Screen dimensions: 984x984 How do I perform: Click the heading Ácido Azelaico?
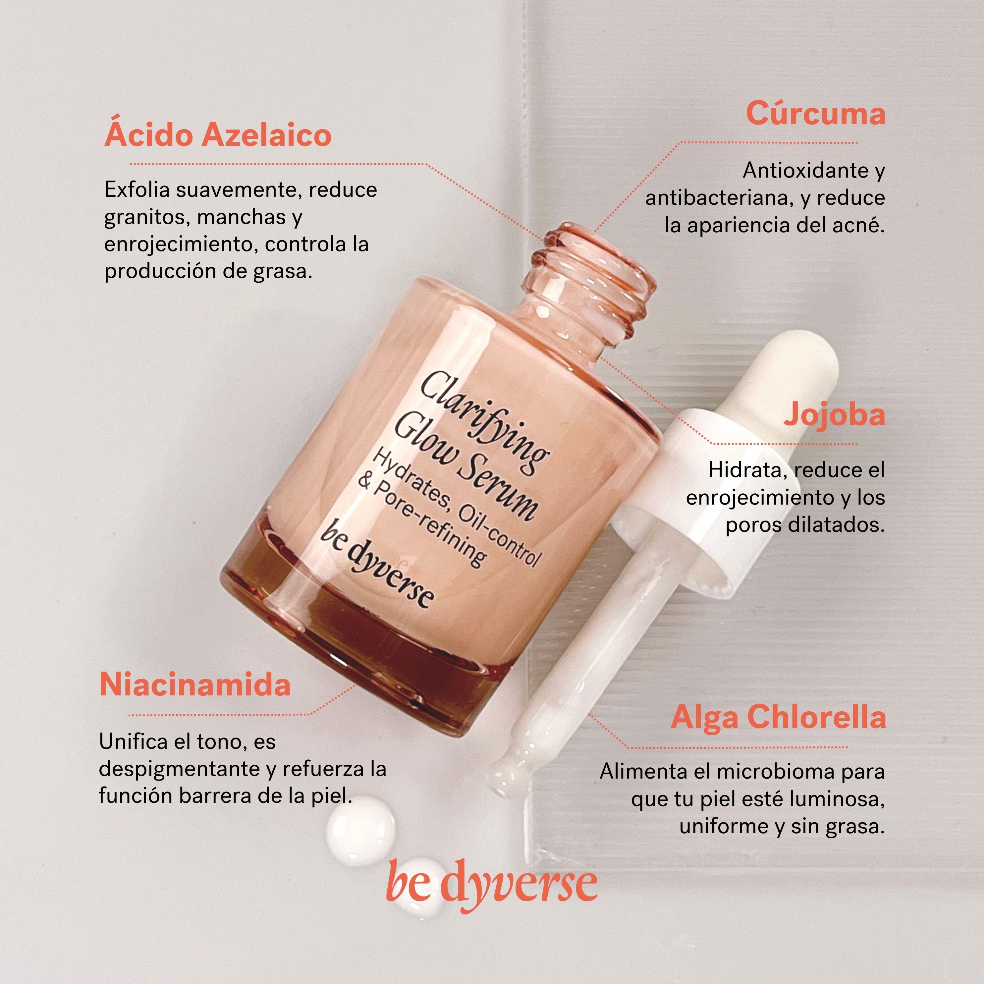[218, 136]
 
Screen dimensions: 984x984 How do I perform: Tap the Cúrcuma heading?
[815, 114]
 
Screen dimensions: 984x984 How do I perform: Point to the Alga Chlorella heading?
[778, 717]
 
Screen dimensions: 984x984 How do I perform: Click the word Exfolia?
[137, 190]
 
